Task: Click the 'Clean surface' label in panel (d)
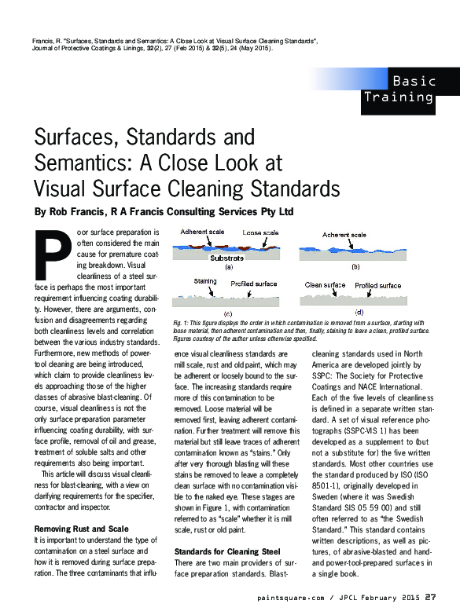pyautogui.click(x=325, y=285)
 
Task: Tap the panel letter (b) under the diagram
pyautogui.click(x=355, y=267)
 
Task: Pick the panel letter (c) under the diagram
pyautogui.click(x=228, y=313)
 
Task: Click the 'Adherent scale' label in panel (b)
pyautogui.click(x=344, y=235)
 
